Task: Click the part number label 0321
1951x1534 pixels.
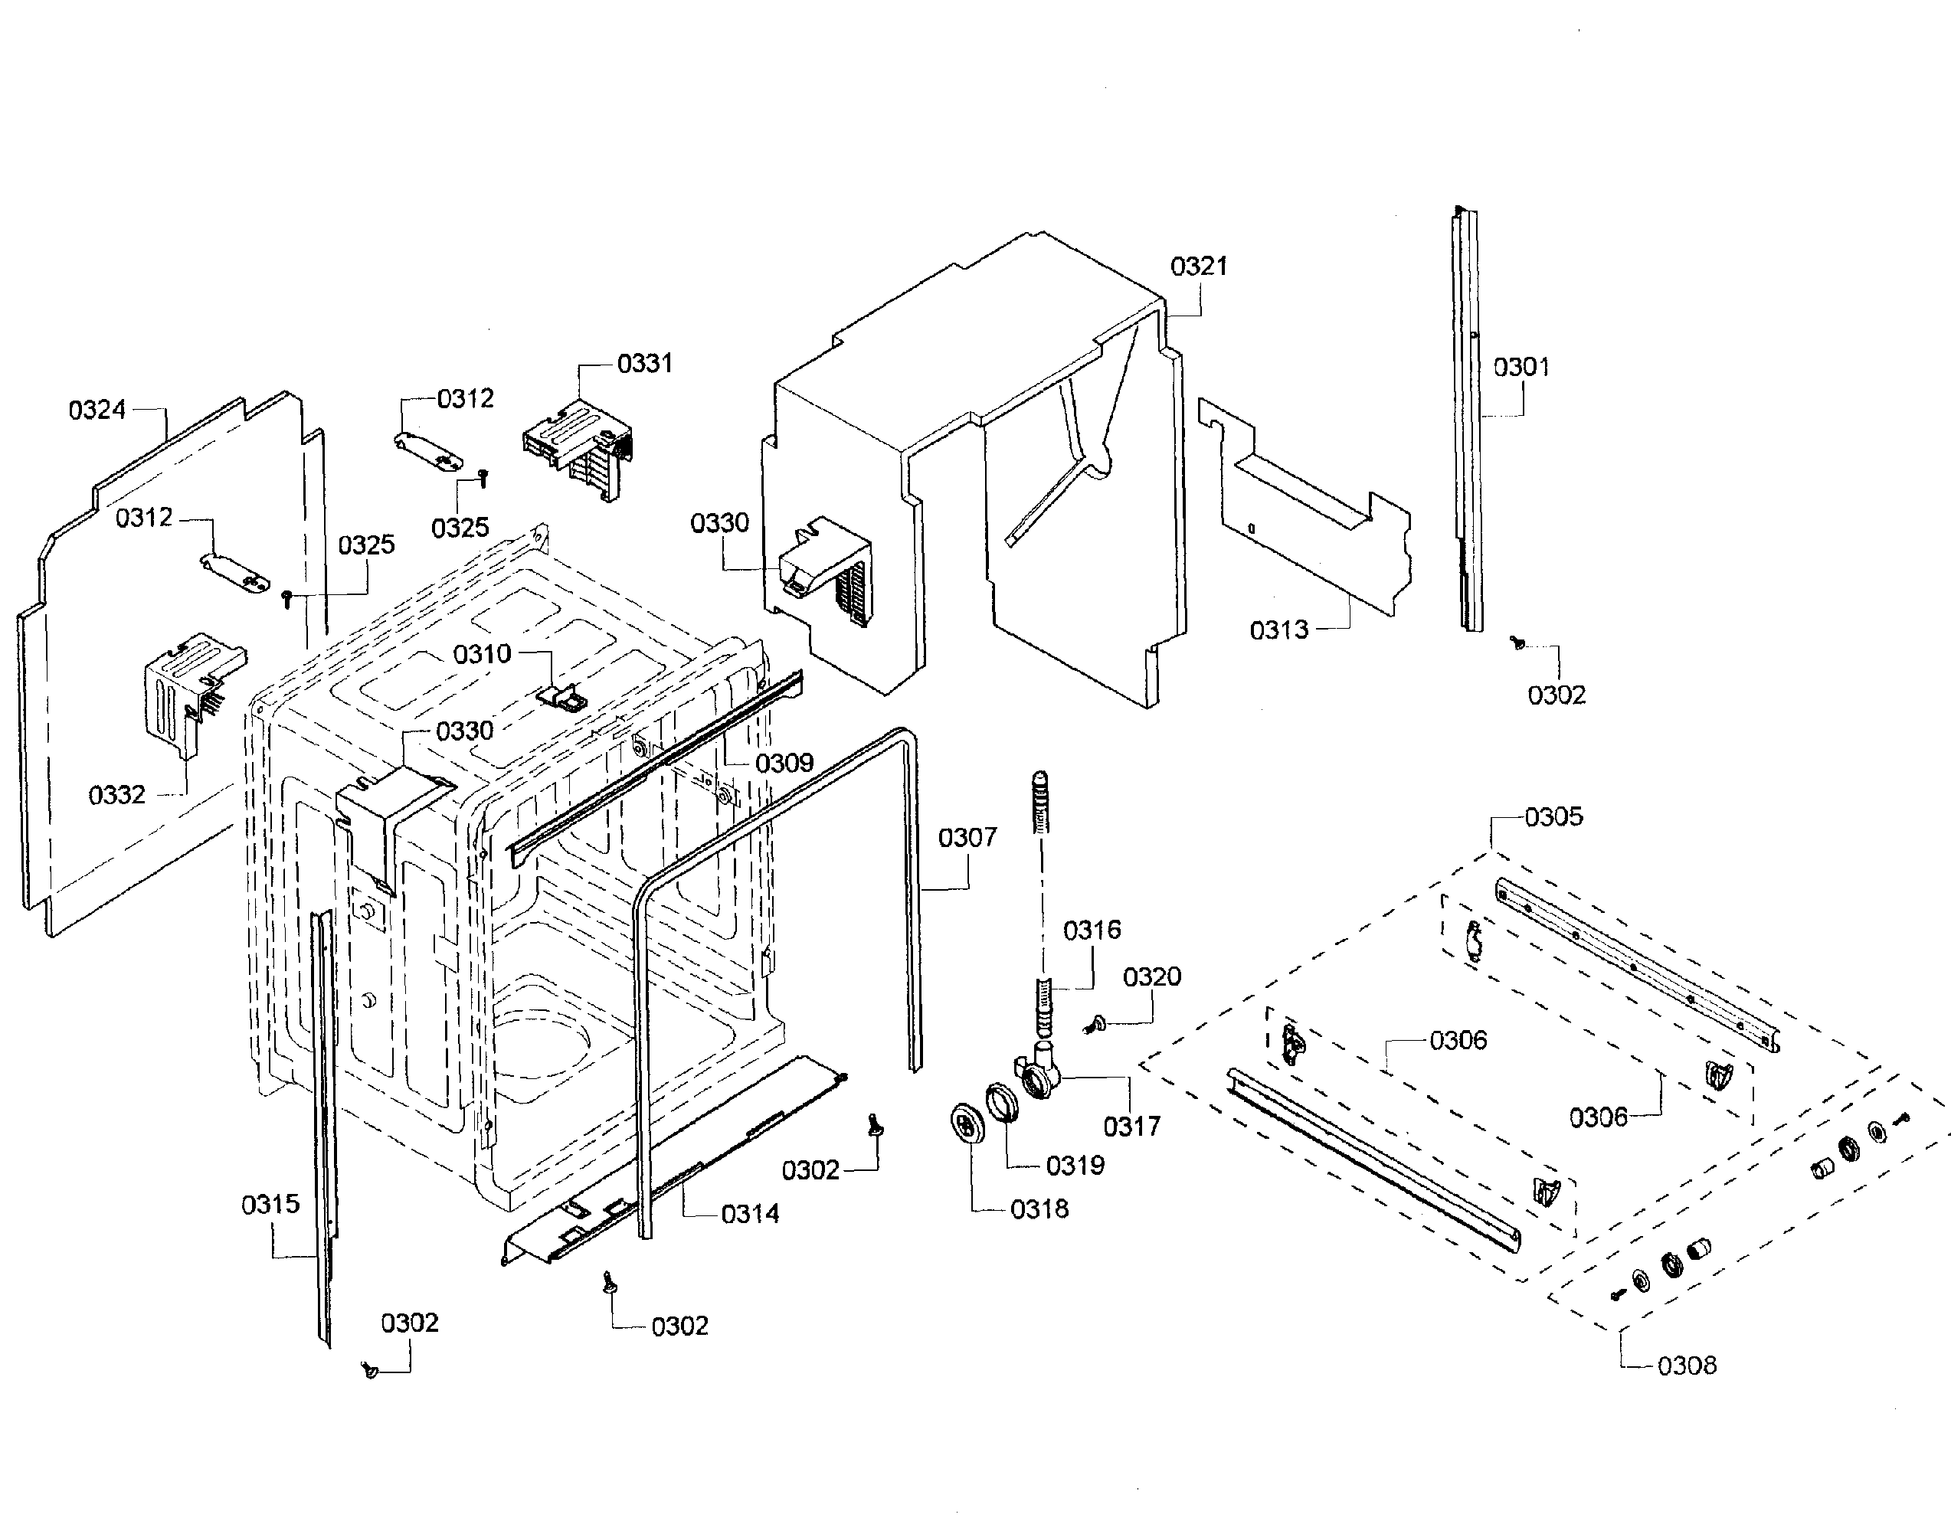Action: [x=1198, y=266]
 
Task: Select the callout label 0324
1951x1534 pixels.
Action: [x=97, y=410]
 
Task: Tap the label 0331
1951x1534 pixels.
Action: [x=644, y=363]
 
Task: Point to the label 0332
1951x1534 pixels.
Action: [x=116, y=795]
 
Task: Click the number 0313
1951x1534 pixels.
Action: [x=1279, y=630]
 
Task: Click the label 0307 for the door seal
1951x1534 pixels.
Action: [x=967, y=837]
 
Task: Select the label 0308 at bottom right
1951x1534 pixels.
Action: [x=1686, y=1366]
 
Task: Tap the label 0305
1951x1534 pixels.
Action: [x=1553, y=816]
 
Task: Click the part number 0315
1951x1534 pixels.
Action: [x=270, y=1205]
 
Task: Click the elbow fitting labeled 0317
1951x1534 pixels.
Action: [x=1042, y=1073]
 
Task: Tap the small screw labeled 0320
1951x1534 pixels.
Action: [x=1096, y=1023]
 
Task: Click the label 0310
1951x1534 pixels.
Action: [x=482, y=654]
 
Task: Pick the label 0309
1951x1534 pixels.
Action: [x=784, y=763]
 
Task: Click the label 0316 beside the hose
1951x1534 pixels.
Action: [x=1092, y=930]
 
